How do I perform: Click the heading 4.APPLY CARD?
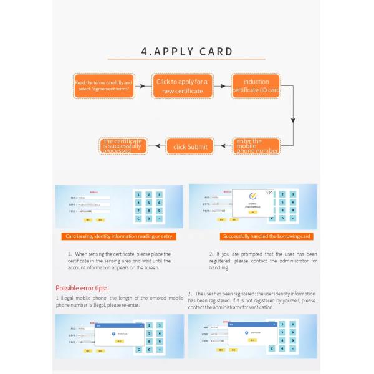click(187, 52)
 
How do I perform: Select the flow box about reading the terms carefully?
click(103, 86)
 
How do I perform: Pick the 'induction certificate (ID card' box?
click(256, 86)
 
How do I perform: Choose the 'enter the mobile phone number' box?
click(256, 146)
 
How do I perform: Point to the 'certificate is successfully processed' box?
click(122, 146)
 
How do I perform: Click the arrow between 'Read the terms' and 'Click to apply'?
click(143, 86)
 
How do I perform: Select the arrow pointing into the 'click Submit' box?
click(223, 146)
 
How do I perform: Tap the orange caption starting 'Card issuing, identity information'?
click(120, 236)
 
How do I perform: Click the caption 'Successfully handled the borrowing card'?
click(267, 236)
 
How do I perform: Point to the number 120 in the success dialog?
click(269, 193)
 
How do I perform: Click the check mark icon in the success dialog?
click(253, 194)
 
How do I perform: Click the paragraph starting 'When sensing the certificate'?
click(119, 261)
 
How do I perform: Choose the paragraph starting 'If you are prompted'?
click(263, 261)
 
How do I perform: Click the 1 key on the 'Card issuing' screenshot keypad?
click(138, 194)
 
